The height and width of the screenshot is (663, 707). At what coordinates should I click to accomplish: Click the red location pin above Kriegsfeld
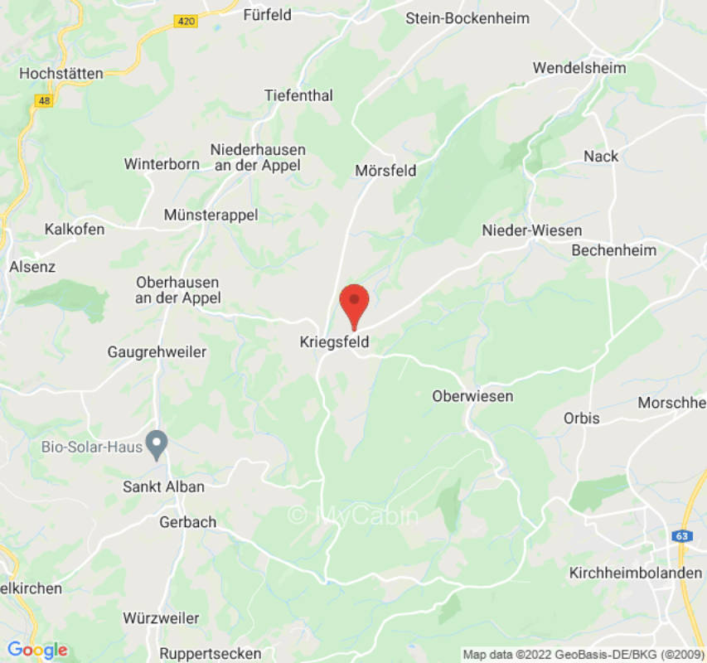click(355, 302)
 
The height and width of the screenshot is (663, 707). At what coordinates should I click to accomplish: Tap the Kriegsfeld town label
click(334, 341)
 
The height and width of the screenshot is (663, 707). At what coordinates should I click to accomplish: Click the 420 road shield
click(187, 21)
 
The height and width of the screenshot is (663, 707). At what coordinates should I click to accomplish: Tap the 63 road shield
click(681, 535)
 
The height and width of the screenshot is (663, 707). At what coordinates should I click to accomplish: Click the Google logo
click(36, 651)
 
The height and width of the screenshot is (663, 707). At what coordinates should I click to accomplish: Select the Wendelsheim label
click(579, 68)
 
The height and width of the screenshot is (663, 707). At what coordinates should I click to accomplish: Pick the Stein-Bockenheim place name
click(467, 18)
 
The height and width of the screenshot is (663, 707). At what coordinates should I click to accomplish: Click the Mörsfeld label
click(385, 171)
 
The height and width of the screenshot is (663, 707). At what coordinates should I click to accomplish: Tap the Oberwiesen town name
click(472, 397)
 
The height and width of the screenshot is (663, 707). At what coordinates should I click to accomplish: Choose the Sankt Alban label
click(163, 486)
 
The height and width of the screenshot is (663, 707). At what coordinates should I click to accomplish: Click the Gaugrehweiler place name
click(157, 352)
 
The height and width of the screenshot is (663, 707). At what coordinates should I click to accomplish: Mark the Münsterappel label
click(211, 215)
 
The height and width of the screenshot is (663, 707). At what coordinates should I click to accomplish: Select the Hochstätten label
click(61, 73)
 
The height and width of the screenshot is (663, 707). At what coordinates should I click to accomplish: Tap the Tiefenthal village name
click(298, 95)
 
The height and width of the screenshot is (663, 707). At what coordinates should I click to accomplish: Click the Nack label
click(601, 157)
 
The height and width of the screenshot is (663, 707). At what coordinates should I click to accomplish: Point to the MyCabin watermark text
click(354, 515)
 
